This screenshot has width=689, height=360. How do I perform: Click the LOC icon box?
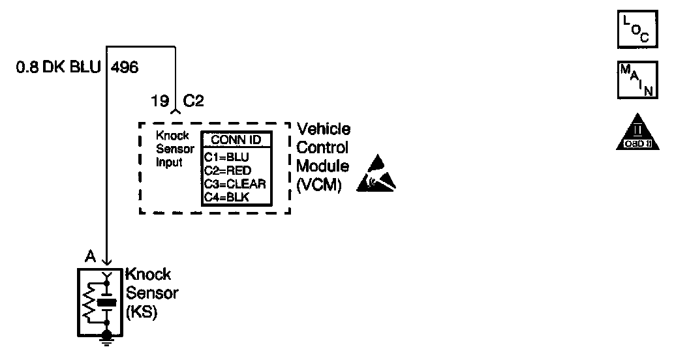coord(637,29)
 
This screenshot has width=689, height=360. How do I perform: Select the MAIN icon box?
coord(637,80)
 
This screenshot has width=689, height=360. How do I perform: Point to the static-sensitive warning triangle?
coord(376,175)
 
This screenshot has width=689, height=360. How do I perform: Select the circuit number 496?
coord(125,67)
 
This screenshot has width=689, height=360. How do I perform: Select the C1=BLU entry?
coord(227,157)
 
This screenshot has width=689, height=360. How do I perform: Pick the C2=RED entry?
coord(228,170)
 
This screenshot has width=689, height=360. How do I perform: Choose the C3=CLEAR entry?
coord(235,183)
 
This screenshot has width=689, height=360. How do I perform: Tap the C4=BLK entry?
coord(227,196)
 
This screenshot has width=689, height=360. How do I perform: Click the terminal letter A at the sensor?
coord(89,256)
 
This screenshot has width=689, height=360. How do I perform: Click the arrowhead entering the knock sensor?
coord(107,262)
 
